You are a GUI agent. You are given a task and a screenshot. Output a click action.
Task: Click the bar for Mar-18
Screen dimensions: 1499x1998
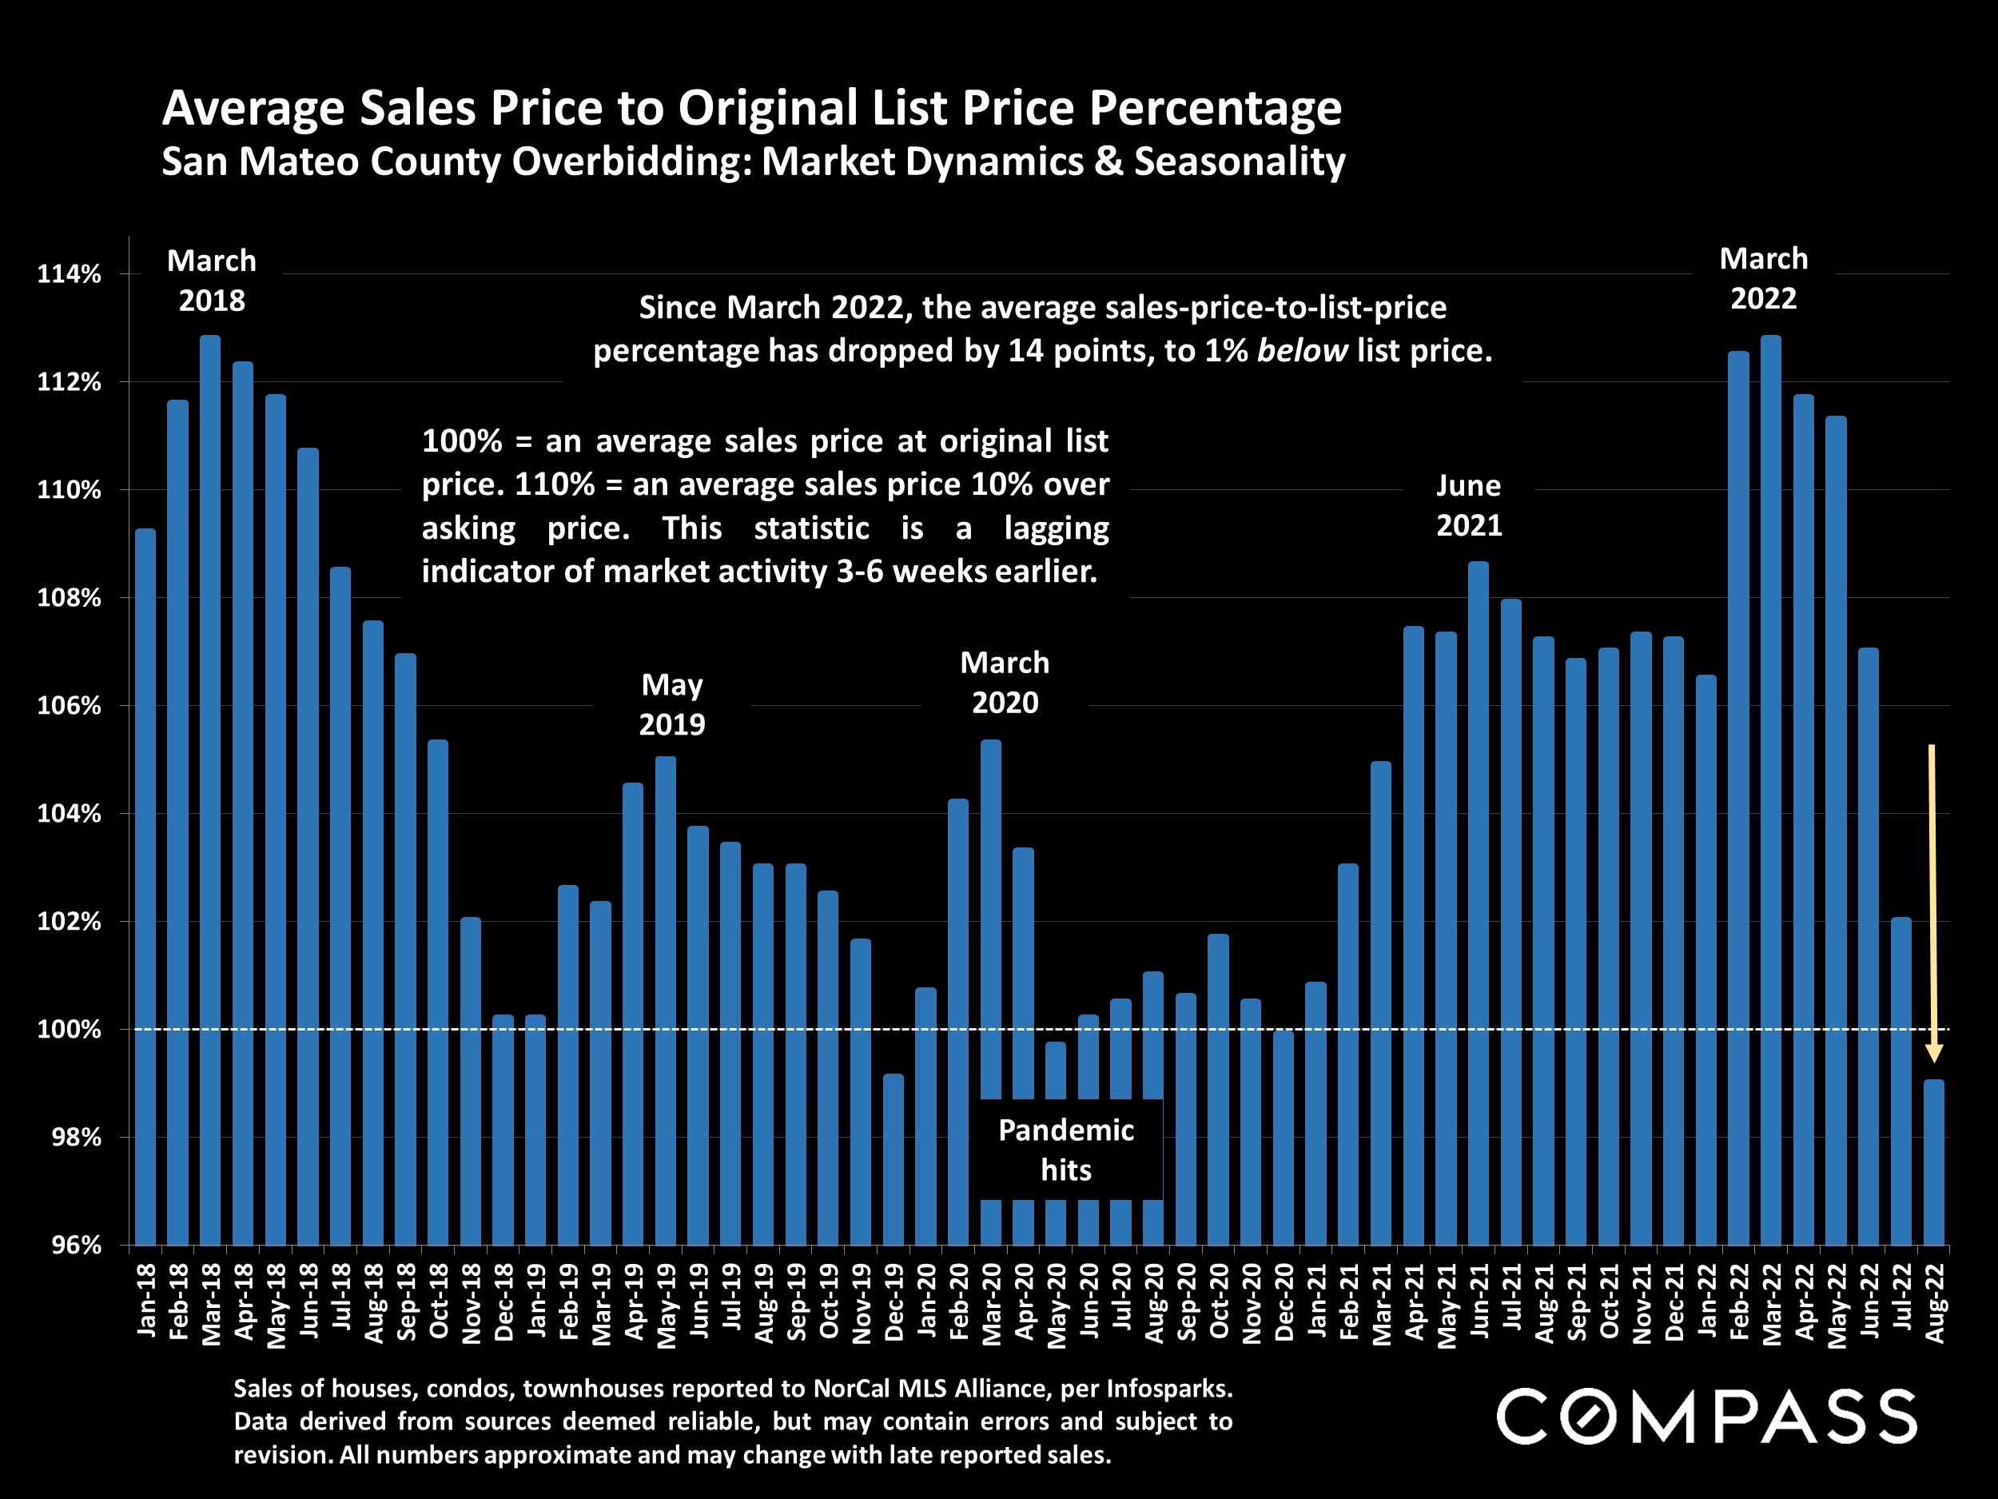pyautogui.click(x=210, y=791)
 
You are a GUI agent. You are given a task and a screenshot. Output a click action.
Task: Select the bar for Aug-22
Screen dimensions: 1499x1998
pyautogui.click(x=1934, y=1163)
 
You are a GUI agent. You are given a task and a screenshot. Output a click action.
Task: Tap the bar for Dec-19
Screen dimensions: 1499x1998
pyautogui.click(x=894, y=1160)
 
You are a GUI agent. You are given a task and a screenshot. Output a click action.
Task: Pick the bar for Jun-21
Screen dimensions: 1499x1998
pyautogui.click(x=1479, y=903)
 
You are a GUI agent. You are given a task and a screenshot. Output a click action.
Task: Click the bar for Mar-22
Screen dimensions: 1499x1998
pyautogui.click(x=1771, y=791)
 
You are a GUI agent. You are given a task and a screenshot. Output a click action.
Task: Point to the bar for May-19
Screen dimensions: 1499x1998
pyautogui.click(x=666, y=1001)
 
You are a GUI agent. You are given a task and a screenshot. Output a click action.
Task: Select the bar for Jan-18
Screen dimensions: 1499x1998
pyautogui.click(x=145, y=887)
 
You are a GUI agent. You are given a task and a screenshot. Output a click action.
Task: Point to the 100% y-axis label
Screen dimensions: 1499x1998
pyautogui.click(x=69, y=1030)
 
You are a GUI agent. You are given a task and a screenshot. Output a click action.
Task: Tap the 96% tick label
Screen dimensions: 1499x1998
pyautogui.click(x=76, y=1246)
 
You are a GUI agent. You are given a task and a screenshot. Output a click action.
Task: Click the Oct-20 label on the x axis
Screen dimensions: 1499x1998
pyautogui.click(x=1220, y=1301)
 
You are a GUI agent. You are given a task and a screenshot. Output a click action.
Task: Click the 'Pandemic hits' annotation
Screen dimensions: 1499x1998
pyautogui.click(x=1066, y=1150)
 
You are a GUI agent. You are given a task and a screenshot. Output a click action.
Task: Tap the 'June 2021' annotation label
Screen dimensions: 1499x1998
pyautogui.click(x=1469, y=505)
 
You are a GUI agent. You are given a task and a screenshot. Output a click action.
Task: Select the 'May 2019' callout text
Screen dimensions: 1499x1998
pyautogui.click(x=672, y=705)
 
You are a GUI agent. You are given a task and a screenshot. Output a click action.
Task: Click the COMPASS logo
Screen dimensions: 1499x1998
pyautogui.click(x=1706, y=1417)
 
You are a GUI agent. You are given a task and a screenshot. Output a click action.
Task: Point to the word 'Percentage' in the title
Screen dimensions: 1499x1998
pyautogui.click(x=1215, y=109)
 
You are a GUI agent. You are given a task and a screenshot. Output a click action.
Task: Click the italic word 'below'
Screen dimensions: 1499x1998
pyautogui.click(x=1302, y=351)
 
